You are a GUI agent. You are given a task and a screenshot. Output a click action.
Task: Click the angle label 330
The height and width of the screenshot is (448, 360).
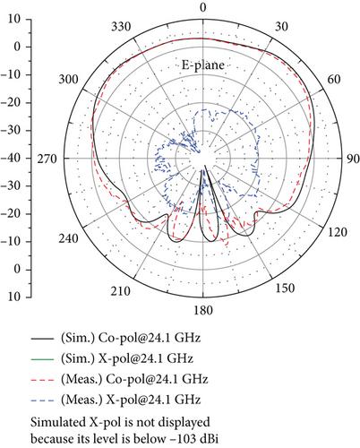click(121, 27)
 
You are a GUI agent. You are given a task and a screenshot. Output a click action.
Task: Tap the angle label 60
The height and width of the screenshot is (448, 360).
click(333, 80)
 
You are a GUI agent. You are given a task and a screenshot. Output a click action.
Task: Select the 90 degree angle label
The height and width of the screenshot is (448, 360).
click(353, 159)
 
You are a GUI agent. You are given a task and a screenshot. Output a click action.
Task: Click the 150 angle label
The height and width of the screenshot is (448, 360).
click(285, 288)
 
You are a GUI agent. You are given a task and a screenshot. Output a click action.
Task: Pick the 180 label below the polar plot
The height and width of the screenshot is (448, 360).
click(203, 310)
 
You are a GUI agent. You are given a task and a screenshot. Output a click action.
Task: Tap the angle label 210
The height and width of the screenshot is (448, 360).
click(121, 291)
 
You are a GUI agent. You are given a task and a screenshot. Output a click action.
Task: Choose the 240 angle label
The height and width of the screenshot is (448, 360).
click(68, 238)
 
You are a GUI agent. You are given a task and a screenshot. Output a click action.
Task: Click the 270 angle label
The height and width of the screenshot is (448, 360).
click(47, 159)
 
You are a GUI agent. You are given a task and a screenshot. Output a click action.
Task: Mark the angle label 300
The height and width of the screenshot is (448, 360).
click(68, 80)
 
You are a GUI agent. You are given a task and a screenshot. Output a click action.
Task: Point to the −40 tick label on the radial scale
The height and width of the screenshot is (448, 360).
click(12, 158)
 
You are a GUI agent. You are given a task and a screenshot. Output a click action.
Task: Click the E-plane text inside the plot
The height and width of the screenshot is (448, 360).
click(203, 65)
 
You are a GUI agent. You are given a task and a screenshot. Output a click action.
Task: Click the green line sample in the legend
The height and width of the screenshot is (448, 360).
click(42, 358)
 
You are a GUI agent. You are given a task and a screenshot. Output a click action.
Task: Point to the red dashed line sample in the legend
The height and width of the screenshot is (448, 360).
click(42, 380)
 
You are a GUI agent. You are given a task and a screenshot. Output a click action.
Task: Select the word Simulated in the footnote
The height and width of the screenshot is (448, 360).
click(56, 423)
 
